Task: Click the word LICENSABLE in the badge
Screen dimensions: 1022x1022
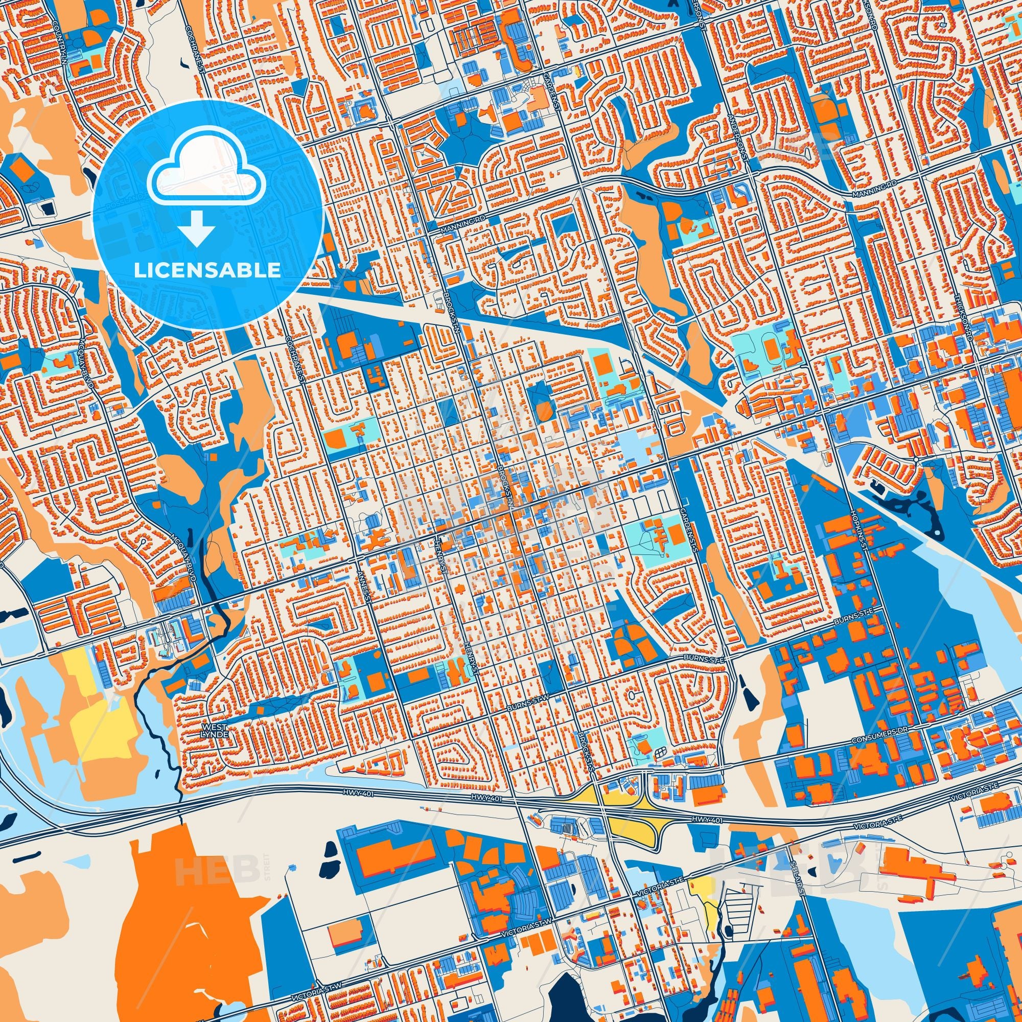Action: point(207,270)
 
